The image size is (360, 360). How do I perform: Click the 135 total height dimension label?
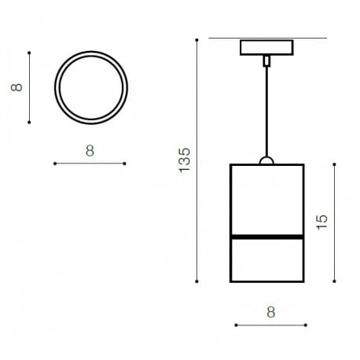[x=184, y=160]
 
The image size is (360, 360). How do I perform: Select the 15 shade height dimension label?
[x=322, y=222]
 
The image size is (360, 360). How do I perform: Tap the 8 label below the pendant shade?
[x=271, y=312]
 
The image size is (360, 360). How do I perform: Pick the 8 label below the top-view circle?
[x=90, y=151]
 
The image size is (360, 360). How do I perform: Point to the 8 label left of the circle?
[x=17, y=87]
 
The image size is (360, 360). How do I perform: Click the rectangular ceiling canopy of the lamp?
[x=266, y=47]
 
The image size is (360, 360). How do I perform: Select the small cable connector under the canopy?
[x=266, y=61]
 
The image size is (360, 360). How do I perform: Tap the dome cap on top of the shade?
[x=266, y=160]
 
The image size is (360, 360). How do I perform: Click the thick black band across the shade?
[x=267, y=237]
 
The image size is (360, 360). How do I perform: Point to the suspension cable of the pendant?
[x=266, y=112]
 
